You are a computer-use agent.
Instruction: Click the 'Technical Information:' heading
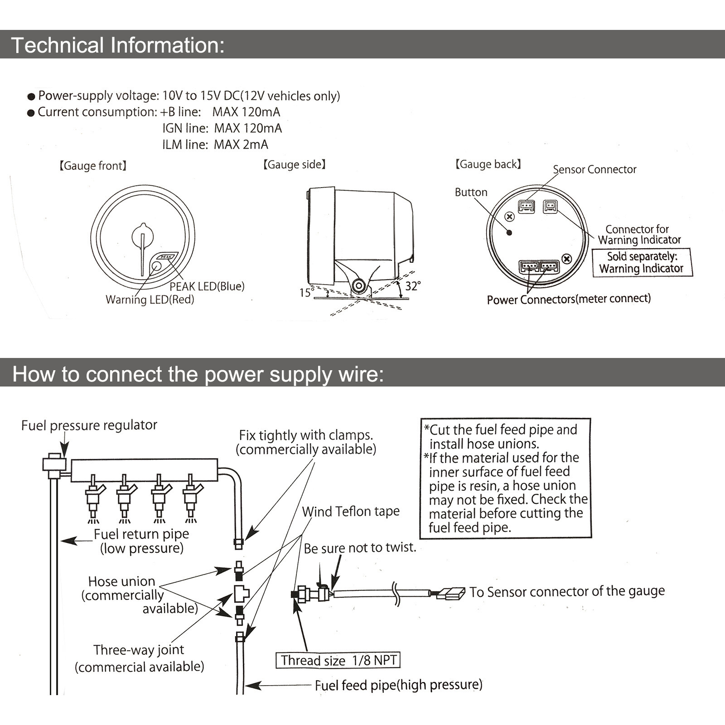click(x=117, y=45)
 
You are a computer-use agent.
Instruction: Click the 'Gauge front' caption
click(x=93, y=166)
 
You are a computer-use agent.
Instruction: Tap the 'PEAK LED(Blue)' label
click(x=207, y=286)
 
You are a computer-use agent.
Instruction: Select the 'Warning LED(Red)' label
click(x=150, y=300)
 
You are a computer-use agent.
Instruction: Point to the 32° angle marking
click(x=412, y=286)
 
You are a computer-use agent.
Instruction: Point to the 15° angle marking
click(x=306, y=293)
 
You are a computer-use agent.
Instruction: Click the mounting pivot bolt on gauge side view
click(x=358, y=286)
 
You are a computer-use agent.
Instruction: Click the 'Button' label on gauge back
click(x=471, y=192)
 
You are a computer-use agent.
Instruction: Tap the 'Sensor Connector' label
click(x=594, y=169)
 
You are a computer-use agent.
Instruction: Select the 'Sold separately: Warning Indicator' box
click(x=642, y=262)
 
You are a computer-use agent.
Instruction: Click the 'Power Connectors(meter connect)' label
click(x=569, y=299)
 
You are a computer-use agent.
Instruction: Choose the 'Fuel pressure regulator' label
click(x=89, y=425)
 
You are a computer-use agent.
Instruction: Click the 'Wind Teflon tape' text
click(x=351, y=512)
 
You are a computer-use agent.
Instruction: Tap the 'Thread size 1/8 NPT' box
click(x=338, y=660)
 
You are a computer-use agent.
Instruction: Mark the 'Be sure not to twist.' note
click(x=360, y=548)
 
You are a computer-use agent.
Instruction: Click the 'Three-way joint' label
click(x=139, y=650)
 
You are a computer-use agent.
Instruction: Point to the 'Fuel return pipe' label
click(x=141, y=534)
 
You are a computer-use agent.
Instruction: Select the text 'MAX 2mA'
click(x=241, y=145)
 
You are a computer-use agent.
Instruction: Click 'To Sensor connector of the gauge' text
click(x=567, y=591)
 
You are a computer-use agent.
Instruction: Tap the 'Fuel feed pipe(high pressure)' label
click(x=398, y=685)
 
